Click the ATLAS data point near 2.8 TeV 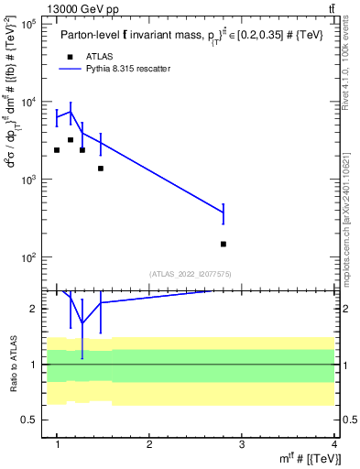click(x=224, y=244)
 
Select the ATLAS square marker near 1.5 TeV click(x=101, y=169)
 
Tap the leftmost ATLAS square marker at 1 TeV click(x=57, y=150)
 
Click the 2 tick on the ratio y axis click(x=35, y=309)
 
